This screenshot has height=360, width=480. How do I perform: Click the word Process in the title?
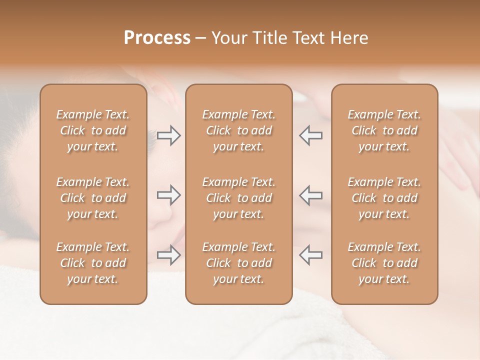click(157, 38)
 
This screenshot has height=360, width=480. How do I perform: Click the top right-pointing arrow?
click(168, 135)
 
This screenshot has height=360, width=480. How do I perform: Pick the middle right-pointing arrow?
click(168, 195)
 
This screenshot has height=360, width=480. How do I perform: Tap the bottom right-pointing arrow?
click(168, 255)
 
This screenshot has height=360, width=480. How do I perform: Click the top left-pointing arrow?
click(311, 135)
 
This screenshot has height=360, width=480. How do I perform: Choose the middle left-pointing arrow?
click(311, 195)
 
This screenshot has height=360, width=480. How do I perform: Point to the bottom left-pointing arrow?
click(311, 255)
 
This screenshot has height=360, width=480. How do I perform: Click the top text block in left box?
click(93, 130)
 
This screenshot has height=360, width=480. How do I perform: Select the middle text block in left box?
click(93, 198)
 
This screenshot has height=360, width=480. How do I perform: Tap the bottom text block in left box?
click(93, 263)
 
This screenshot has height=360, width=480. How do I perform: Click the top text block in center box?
click(238, 130)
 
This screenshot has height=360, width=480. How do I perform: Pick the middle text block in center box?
click(238, 198)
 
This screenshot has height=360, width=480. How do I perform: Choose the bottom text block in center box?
click(238, 263)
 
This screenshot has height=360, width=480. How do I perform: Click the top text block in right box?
click(384, 130)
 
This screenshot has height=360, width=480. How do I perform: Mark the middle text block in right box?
click(384, 198)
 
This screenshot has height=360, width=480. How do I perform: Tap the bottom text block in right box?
click(384, 263)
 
